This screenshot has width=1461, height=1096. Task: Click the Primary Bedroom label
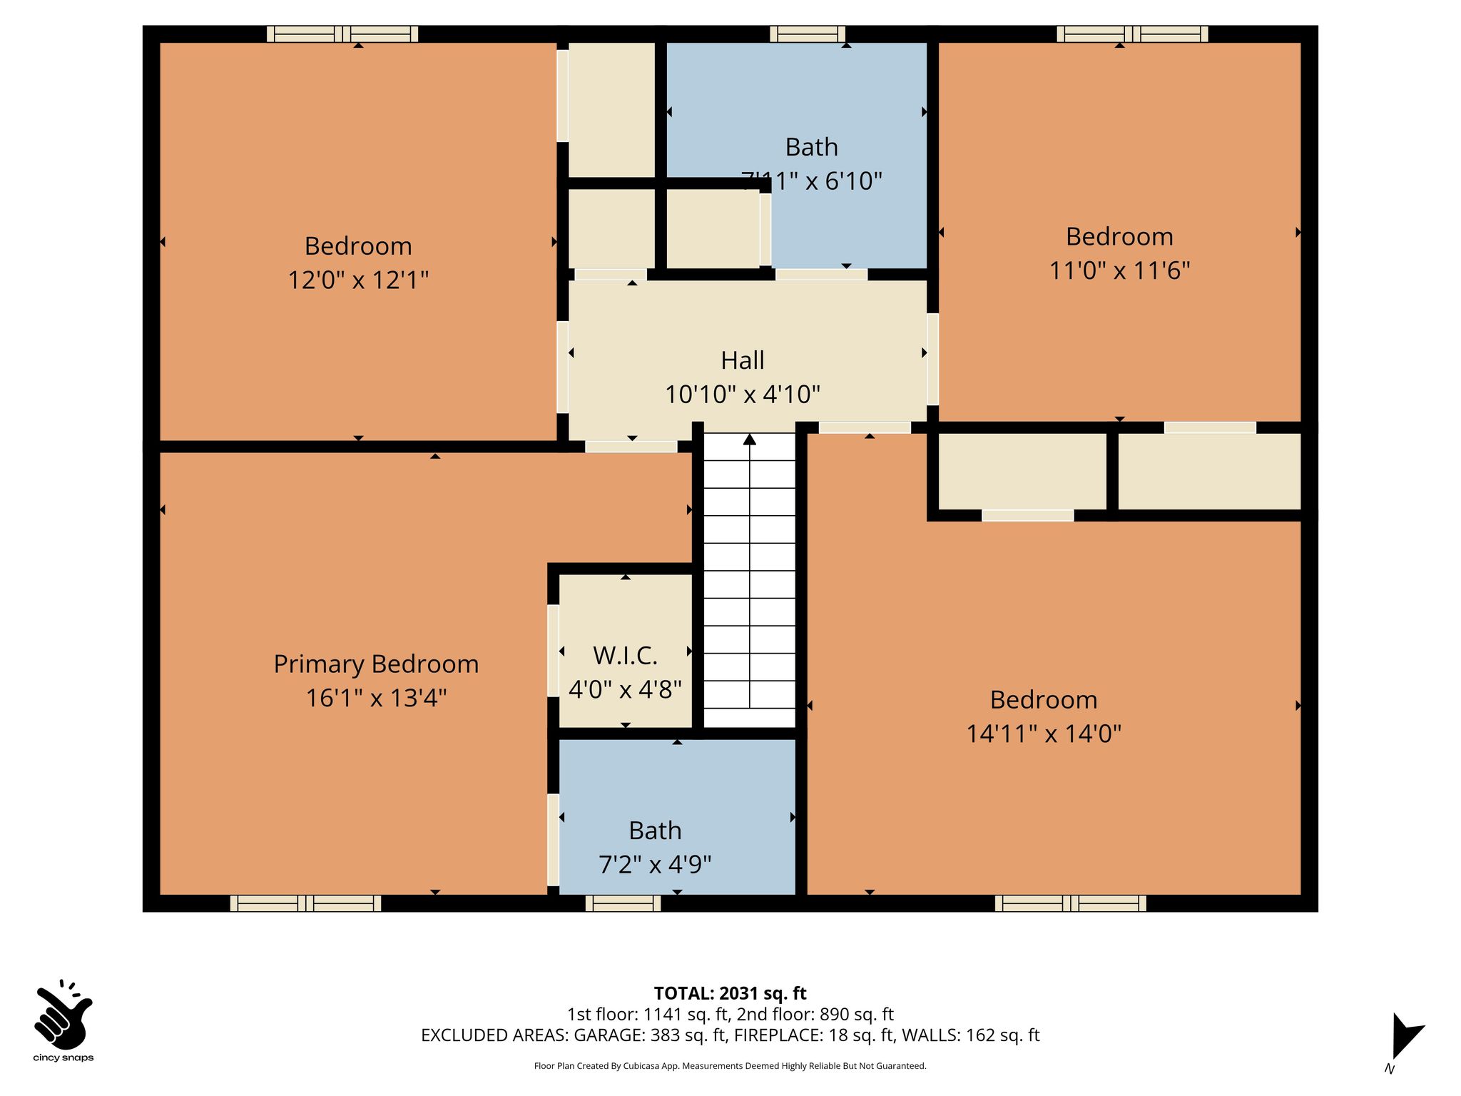pyautogui.click(x=376, y=664)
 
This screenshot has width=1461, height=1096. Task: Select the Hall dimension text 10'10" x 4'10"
pyautogui.click(x=743, y=394)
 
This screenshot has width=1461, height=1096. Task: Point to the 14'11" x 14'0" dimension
pyautogui.click(x=1044, y=734)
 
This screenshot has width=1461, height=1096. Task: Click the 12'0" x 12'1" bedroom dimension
pyautogui.click(x=358, y=280)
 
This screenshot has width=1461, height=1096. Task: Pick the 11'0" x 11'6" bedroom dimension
pyautogui.click(x=1119, y=270)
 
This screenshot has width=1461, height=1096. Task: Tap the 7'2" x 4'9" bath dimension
pyautogui.click(x=655, y=865)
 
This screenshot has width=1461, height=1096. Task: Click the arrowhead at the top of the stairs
pyautogui.click(x=750, y=440)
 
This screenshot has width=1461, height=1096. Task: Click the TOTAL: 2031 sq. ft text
pyautogui.click(x=730, y=993)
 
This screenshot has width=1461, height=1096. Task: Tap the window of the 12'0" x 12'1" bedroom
pyautogui.click(x=342, y=34)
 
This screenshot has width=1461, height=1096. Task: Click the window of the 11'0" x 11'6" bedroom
pyautogui.click(x=1132, y=34)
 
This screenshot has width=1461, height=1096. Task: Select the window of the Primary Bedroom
pyautogui.click(x=305, y=903)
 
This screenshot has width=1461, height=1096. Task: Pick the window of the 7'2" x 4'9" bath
pyautogui.click(x=623, y=903)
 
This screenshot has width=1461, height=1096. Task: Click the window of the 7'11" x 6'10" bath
pyautogui.click(x=808, y=34)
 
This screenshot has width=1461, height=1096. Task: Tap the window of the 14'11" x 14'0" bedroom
pyautogui.click(x=1071, y=903)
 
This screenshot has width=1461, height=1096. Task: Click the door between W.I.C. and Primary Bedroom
pyautogui.click(x=553, y=651)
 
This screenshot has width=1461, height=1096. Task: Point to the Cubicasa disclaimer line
pyautogui.click(x=730, y=1066)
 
